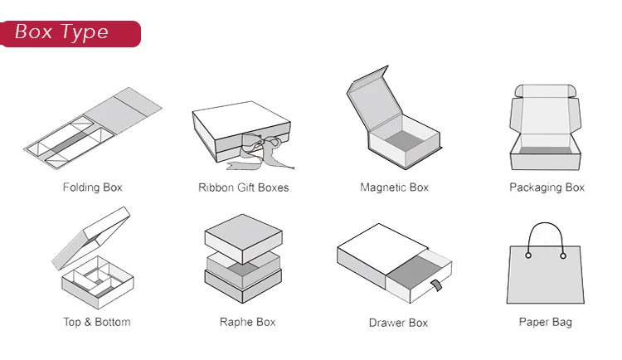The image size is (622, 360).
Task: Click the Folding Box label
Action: tap(92, 187)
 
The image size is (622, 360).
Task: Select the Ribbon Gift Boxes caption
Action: tap(243, 187)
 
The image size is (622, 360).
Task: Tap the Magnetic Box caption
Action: tap(394, 187)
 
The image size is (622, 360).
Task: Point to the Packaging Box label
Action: tap(547, 187)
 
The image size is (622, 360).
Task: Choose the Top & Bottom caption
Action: tap(96, 322)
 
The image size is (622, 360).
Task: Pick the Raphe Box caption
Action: tap(247, 322)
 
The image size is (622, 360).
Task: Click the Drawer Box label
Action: tap(397, 322)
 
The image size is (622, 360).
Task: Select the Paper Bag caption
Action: tap(545, 322)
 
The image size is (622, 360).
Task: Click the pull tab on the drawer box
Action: tap(434, 287)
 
